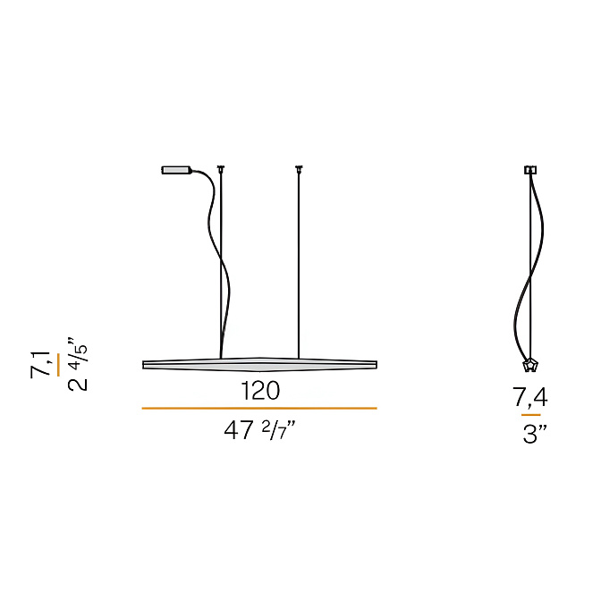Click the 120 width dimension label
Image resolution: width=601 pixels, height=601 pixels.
click(x=260, y=391)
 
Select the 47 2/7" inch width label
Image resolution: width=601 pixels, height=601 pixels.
click(x=260, y=430)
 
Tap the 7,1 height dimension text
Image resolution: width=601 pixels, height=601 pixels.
click(x=40, y=364)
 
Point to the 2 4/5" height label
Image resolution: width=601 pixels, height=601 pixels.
click(x=78, y=364)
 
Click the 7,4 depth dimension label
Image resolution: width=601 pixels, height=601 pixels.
click(x=530, y=397)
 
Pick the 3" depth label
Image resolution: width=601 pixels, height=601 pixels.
click(x=534, y=435)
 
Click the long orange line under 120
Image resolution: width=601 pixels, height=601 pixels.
click(x=259, y=408)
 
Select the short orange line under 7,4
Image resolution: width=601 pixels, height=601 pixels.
click(x=531, y=415)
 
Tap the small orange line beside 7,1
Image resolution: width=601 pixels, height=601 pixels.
click(x=58, y=365)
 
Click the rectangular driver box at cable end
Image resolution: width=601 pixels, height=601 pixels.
click(x=176, y=170)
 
